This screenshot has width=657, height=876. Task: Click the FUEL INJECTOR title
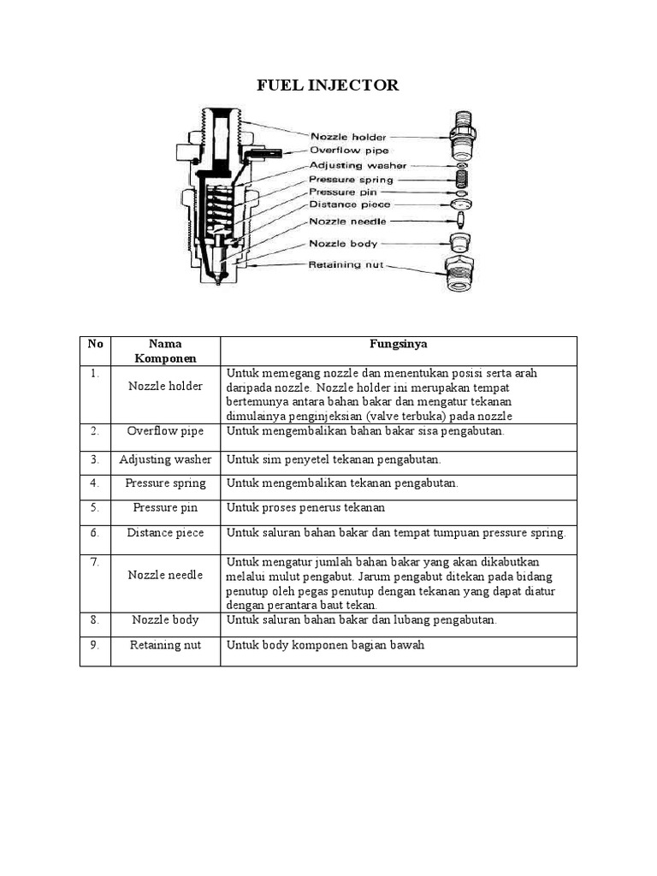coord(328,85)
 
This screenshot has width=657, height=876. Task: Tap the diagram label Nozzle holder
coord(347,136)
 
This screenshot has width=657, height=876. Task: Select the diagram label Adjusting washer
coord(358,165)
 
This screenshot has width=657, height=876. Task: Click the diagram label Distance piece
coord(349,205)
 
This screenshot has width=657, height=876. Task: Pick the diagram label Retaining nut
coord(346,264)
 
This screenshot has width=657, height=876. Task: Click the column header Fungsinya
coord(399,344)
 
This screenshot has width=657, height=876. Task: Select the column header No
coord(95,344)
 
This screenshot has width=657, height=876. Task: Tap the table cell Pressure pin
coord(165,507)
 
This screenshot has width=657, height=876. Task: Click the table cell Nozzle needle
coord(165,575)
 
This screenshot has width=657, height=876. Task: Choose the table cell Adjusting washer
coord(165,459)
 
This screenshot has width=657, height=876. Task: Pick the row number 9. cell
coord(95,645)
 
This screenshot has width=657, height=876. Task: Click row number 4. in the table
coord(95,482)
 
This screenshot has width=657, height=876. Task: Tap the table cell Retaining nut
coord(165,645)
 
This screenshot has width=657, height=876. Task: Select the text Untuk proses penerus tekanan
coord(305,507)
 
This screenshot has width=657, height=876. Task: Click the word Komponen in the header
coord(165,358)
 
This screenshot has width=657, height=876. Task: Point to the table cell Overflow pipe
coord(165,431)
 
